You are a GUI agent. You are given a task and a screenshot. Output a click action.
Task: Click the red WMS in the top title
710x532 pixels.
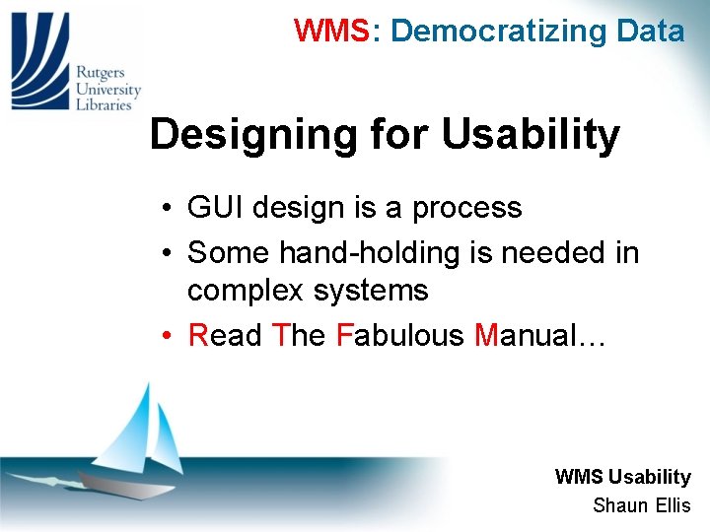coord(330,31)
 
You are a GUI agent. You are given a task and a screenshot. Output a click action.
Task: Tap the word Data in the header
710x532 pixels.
coord(650,31)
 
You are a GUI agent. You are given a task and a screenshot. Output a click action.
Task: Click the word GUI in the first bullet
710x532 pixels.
coord(213,208)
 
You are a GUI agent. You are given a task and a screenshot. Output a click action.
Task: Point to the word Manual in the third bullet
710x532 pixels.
coord(524,335)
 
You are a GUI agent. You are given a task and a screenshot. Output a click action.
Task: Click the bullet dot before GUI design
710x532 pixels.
coord(170,209)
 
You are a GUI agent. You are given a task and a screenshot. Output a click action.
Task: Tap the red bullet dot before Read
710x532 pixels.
coord(170,336)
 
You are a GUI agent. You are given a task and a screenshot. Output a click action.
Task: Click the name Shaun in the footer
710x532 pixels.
coord(619,506)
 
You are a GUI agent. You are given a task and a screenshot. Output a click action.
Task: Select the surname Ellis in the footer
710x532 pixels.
coord(672,506)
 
